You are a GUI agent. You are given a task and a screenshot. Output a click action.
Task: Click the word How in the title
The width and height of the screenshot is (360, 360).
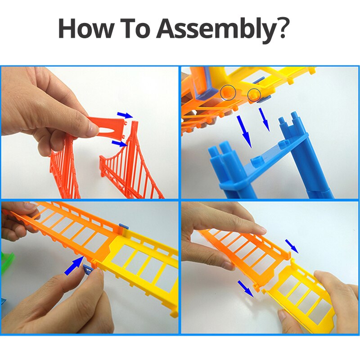(x=85, y=28)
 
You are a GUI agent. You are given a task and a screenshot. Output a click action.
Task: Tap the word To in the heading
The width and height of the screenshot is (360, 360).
(x=134, y=28)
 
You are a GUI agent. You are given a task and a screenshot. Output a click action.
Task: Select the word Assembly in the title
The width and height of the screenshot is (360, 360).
(x=215, y=30)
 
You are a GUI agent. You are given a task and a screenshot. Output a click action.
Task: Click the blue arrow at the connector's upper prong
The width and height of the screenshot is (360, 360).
(x=125, y=115)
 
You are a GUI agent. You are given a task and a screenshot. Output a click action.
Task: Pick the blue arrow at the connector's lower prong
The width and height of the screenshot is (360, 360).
(x=119, y=144)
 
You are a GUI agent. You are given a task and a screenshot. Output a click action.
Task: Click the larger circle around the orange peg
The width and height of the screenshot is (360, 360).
(x=228, y=93)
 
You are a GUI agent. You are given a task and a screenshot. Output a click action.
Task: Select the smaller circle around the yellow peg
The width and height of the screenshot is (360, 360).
(x=254, y=94)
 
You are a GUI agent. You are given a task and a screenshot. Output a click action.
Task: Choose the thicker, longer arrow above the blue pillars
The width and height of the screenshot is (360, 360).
(x=244, y=131)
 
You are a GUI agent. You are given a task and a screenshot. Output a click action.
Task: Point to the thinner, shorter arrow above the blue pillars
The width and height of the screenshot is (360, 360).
(x=264, y=119)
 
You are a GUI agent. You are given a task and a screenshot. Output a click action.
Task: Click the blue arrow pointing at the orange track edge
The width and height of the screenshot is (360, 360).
(x=74, y=266)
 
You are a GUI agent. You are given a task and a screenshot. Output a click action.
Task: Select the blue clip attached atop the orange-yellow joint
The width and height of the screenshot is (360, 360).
(x=124, y=227)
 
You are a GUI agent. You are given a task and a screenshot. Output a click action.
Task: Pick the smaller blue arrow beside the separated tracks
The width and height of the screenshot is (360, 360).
(x=292, y=246)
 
